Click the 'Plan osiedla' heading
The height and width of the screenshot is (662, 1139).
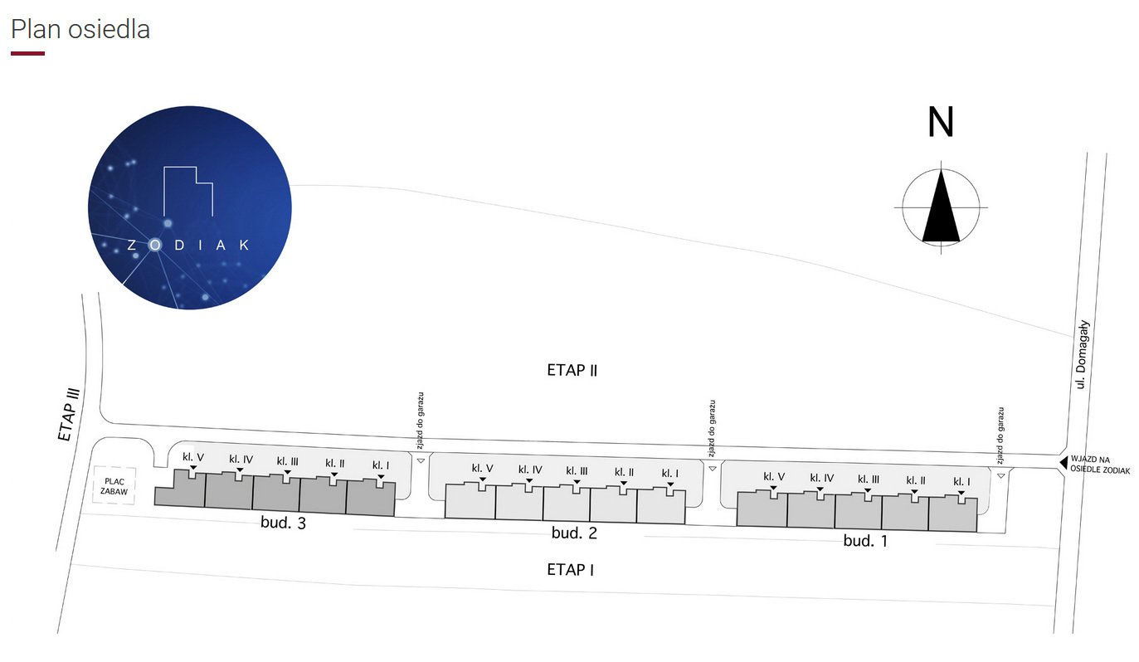(x=80, y=30)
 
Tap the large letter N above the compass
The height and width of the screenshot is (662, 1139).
(x=940, y=122)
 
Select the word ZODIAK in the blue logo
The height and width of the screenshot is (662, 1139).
(x=188, y=245)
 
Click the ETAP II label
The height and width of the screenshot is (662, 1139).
(x=572, y=370)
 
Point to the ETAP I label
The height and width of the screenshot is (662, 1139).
(x=570, y=569)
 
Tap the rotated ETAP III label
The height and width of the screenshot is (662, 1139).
(x=69, y=414)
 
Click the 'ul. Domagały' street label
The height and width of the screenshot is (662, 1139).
(x=1082, y=354)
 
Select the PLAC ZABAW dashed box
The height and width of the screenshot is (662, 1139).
(x=114, y=486)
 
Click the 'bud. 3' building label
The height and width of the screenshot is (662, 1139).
(x=283, y=523)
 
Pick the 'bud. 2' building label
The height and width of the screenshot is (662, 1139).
(x=574, y=533)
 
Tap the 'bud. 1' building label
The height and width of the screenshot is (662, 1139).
(x=865, y=541)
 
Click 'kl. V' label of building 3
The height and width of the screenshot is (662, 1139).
(x=193, y=457)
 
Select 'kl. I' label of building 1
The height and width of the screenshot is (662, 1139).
(x=961, y=481)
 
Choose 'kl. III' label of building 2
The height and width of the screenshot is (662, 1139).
(x=577, y=471)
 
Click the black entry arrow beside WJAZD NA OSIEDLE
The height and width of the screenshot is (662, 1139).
(x=1064, y=463)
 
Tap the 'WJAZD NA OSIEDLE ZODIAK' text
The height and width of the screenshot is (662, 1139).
(x=1100, y=465)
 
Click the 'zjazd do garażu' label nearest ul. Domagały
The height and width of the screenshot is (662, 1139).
(x=1000, y=436)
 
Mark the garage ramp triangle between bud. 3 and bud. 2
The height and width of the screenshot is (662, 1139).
(x=421, y=460)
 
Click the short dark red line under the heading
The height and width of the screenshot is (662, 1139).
(x=27, y=53)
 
